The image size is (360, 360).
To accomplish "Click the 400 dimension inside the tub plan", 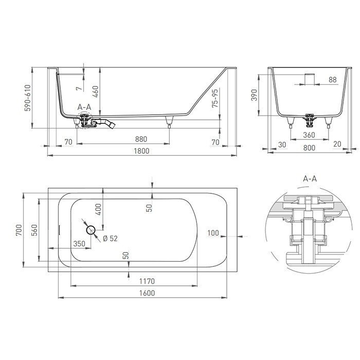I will pos(98,209).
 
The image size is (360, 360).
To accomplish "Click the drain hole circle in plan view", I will pos(91,230).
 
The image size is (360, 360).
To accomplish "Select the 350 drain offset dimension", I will pos(79,243).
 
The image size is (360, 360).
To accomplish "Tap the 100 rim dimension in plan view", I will pos(213,233).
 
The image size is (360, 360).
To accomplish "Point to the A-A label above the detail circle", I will pos(310,179).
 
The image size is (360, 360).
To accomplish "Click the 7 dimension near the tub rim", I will pos(79,88).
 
